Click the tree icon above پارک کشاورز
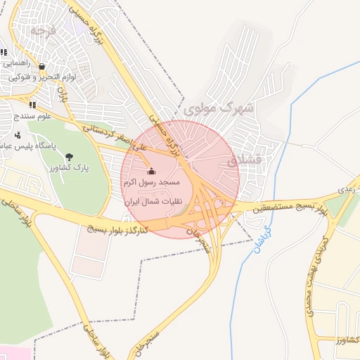68,157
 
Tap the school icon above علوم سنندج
32,105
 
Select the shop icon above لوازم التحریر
41,67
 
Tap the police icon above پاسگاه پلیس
18,135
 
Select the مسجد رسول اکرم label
153,182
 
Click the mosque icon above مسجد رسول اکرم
151,171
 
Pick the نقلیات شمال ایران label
154,201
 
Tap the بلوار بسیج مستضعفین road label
285,209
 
